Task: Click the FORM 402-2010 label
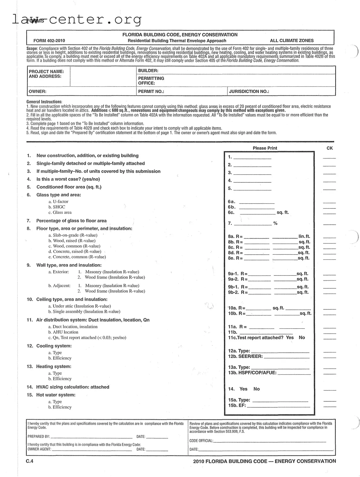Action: point(49,41)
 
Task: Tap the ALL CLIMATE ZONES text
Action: point(292,41)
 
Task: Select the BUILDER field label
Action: point(148,70)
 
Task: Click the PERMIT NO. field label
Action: point(151,91)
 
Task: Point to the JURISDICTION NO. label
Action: point(249,91)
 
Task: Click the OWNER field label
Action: point(38,91)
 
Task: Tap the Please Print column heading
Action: point(265,148)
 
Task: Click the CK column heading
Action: point(329,148)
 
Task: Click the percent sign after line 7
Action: point(275,224)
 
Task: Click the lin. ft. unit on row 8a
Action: point(304,237)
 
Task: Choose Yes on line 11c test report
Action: point(290,338)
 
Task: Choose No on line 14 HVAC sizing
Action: point(257,389)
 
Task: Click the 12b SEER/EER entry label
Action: point(245,357)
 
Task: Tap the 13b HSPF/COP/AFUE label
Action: point(252,373)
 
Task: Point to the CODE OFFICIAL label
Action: point(201,441)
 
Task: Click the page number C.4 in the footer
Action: point(30,461)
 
